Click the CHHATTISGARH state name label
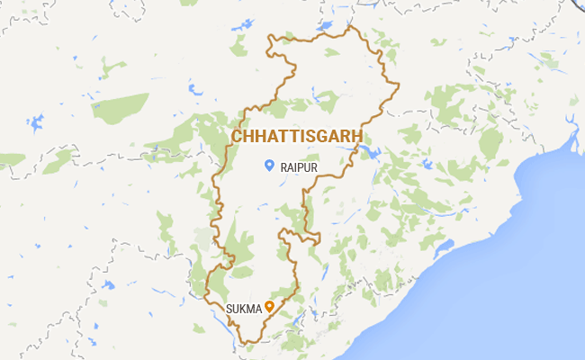coord(298,136)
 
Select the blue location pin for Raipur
coord(268,165)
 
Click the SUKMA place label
coord(242,309)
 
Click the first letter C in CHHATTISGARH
coord(238,136)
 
